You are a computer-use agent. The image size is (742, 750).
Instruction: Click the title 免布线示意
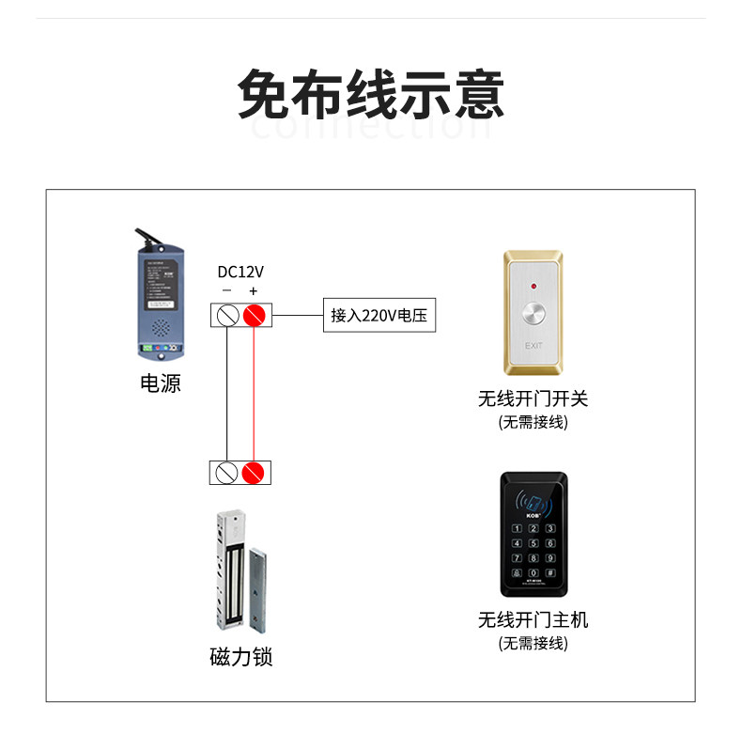coord(370,94)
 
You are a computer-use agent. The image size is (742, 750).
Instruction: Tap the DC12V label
coord(240,272)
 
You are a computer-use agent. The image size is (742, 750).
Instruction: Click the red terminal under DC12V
coord(254,315)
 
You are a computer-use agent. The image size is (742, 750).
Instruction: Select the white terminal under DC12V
coord(226,315)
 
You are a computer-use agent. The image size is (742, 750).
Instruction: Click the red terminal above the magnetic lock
coord(254,472)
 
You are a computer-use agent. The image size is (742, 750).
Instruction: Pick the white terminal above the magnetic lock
coord(226,472)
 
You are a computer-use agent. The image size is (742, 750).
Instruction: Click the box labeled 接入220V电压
coord(379,316)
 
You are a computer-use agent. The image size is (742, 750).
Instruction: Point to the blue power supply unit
coord(159,299)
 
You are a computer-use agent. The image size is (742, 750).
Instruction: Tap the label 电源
coord(159,383)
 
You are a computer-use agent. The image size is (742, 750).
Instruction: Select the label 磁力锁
coord(240,656)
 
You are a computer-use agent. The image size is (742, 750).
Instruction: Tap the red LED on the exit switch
coord(533,284)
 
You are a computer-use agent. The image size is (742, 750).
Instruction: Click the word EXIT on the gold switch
coord(533,347)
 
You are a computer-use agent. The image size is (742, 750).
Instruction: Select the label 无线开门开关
coord(533,398)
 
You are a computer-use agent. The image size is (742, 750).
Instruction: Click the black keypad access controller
coord(533,533)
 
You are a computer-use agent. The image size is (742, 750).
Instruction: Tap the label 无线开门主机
coord(533,620)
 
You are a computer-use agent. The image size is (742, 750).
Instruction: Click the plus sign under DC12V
coord(253,291)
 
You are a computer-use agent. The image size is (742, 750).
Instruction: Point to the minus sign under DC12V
coord(227,291)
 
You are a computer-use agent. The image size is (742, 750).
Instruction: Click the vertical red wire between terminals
coord(254,395)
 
